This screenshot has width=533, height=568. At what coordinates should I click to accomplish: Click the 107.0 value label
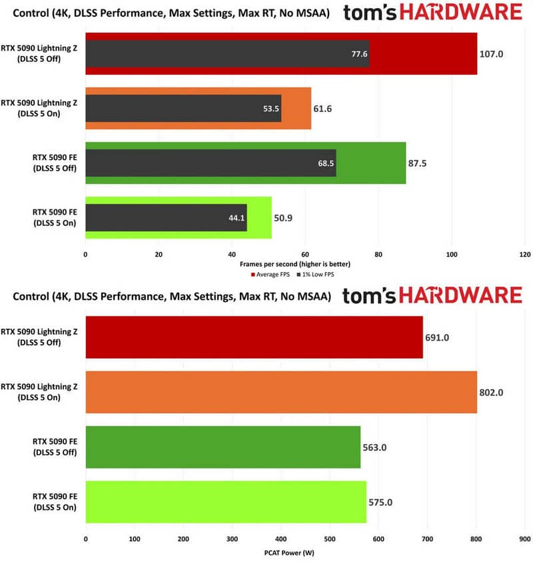click(x=491, y=54)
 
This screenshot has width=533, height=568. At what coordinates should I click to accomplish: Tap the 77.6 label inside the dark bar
click(x=359, y=54)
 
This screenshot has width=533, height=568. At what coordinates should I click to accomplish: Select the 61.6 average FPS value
click(x=322, y=109)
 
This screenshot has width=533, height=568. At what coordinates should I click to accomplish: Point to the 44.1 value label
click(x=237, y=218)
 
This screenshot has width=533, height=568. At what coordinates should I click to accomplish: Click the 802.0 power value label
click(x=491, y=392)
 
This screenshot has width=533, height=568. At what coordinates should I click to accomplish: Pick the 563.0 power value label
click(x=374, y=447)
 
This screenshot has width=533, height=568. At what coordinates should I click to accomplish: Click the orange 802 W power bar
click(x=281, y=392)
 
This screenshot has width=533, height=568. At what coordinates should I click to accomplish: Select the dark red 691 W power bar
click(x=255, y=337)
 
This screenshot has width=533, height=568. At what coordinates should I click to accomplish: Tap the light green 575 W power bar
click(x=226, y=502)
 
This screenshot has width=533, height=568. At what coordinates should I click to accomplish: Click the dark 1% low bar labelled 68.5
click(x=211, y=163)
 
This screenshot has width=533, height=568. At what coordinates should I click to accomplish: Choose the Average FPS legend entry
click(x=270, y=275)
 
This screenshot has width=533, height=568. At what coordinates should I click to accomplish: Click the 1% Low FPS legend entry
click(x=315, y=275)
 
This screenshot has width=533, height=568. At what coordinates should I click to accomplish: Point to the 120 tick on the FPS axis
click(x=525, y=254)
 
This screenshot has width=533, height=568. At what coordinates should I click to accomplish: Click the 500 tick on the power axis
click(x=330, y=539)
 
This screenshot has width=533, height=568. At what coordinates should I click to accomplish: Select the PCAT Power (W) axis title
click(x=289, y=553)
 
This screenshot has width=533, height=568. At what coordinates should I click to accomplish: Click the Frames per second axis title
click(x=294, y=264)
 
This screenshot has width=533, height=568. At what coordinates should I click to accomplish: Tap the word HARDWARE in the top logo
click(x=460, y=12)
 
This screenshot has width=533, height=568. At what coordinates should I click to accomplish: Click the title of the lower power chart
click(x=172, y=296)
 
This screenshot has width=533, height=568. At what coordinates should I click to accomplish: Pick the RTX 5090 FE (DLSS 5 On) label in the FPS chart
click(x=55, y=217)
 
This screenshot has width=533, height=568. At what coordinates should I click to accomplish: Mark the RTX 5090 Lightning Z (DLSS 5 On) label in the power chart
click(x=39, y=392)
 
